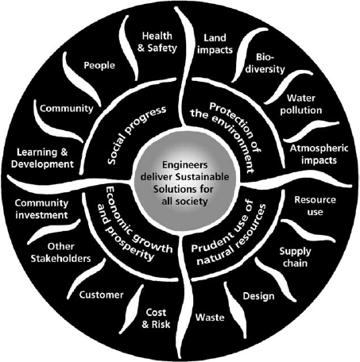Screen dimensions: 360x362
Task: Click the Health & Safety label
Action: pos(157,42)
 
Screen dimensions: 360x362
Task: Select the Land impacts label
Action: pos(215,44)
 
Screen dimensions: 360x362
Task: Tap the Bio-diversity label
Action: pos(265,64)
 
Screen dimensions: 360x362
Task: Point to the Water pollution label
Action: pos(301,104)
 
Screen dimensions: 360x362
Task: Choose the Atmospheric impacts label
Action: pos(319,154)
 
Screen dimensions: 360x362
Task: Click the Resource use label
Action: pos(315,206)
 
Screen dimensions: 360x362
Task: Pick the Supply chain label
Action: pos(295,257)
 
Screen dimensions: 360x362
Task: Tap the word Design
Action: pos(258,296)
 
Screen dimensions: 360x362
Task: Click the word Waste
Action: pos(210,317)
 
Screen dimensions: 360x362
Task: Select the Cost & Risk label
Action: pos(156,318)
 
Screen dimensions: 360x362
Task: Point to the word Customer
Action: pos(101,295)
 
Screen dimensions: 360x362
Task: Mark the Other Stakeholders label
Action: pos(60,252)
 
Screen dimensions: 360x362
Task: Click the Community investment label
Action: pos(41,209)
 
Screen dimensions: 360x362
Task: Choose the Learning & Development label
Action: pos(42,158)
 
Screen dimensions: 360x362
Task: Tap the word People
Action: pos(99,65)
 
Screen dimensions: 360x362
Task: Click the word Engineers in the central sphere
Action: pos(185,165)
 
